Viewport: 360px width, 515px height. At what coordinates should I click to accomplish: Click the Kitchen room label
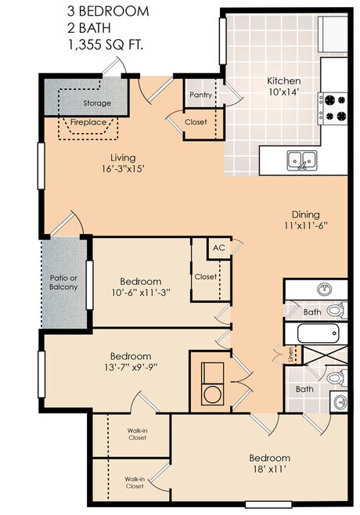[283, 81]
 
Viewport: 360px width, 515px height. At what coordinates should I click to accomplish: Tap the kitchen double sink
[302, 160]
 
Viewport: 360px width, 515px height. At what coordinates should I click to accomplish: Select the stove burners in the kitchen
[335, 107]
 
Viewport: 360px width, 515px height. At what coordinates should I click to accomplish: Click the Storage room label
[98, 103]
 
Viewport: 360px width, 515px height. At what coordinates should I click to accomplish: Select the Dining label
[305, 214]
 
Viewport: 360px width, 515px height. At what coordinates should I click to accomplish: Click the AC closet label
[218, 247]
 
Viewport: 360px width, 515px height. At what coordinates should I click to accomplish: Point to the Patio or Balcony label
[63, 282]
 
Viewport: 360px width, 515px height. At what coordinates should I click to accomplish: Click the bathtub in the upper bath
[318, 333]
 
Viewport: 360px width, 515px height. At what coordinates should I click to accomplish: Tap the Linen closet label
[290, 354]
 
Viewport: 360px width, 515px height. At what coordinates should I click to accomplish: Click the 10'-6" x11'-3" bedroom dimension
[141, 294]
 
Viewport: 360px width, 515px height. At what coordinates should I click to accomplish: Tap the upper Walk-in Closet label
[137, 433]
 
